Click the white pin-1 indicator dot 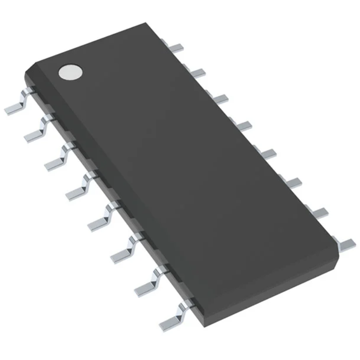click(x=70, y=72)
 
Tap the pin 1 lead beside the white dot click(x=16, y=106)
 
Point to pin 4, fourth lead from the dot click(x=78, y=188)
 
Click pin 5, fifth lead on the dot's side click(x=100, y=219)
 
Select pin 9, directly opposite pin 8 click(x=346, y=244)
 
